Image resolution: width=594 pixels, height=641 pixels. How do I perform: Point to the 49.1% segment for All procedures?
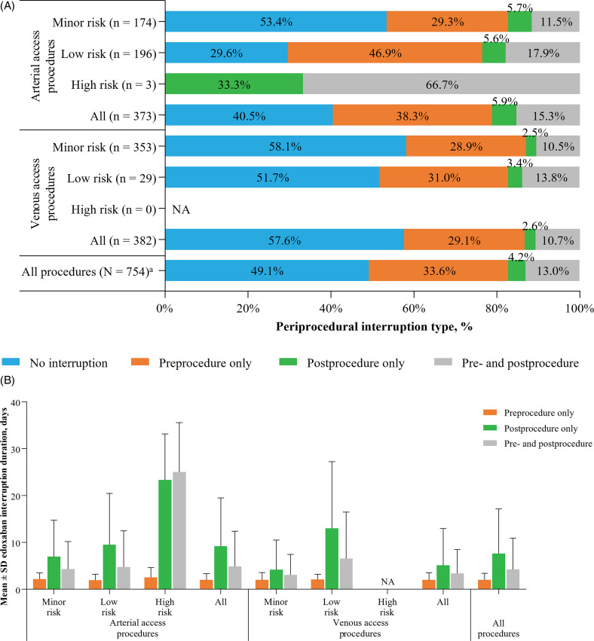[266, 270]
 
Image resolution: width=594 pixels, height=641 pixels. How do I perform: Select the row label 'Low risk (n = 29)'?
[109, 177]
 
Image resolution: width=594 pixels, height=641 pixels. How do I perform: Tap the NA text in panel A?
[180, 209]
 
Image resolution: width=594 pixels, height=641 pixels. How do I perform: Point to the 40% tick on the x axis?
[331, 310]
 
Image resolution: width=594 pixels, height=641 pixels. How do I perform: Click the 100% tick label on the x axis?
[579, 310]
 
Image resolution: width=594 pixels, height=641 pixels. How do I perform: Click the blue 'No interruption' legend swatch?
[18, 364]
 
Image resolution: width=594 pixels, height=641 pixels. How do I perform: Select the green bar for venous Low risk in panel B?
[416, 558]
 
